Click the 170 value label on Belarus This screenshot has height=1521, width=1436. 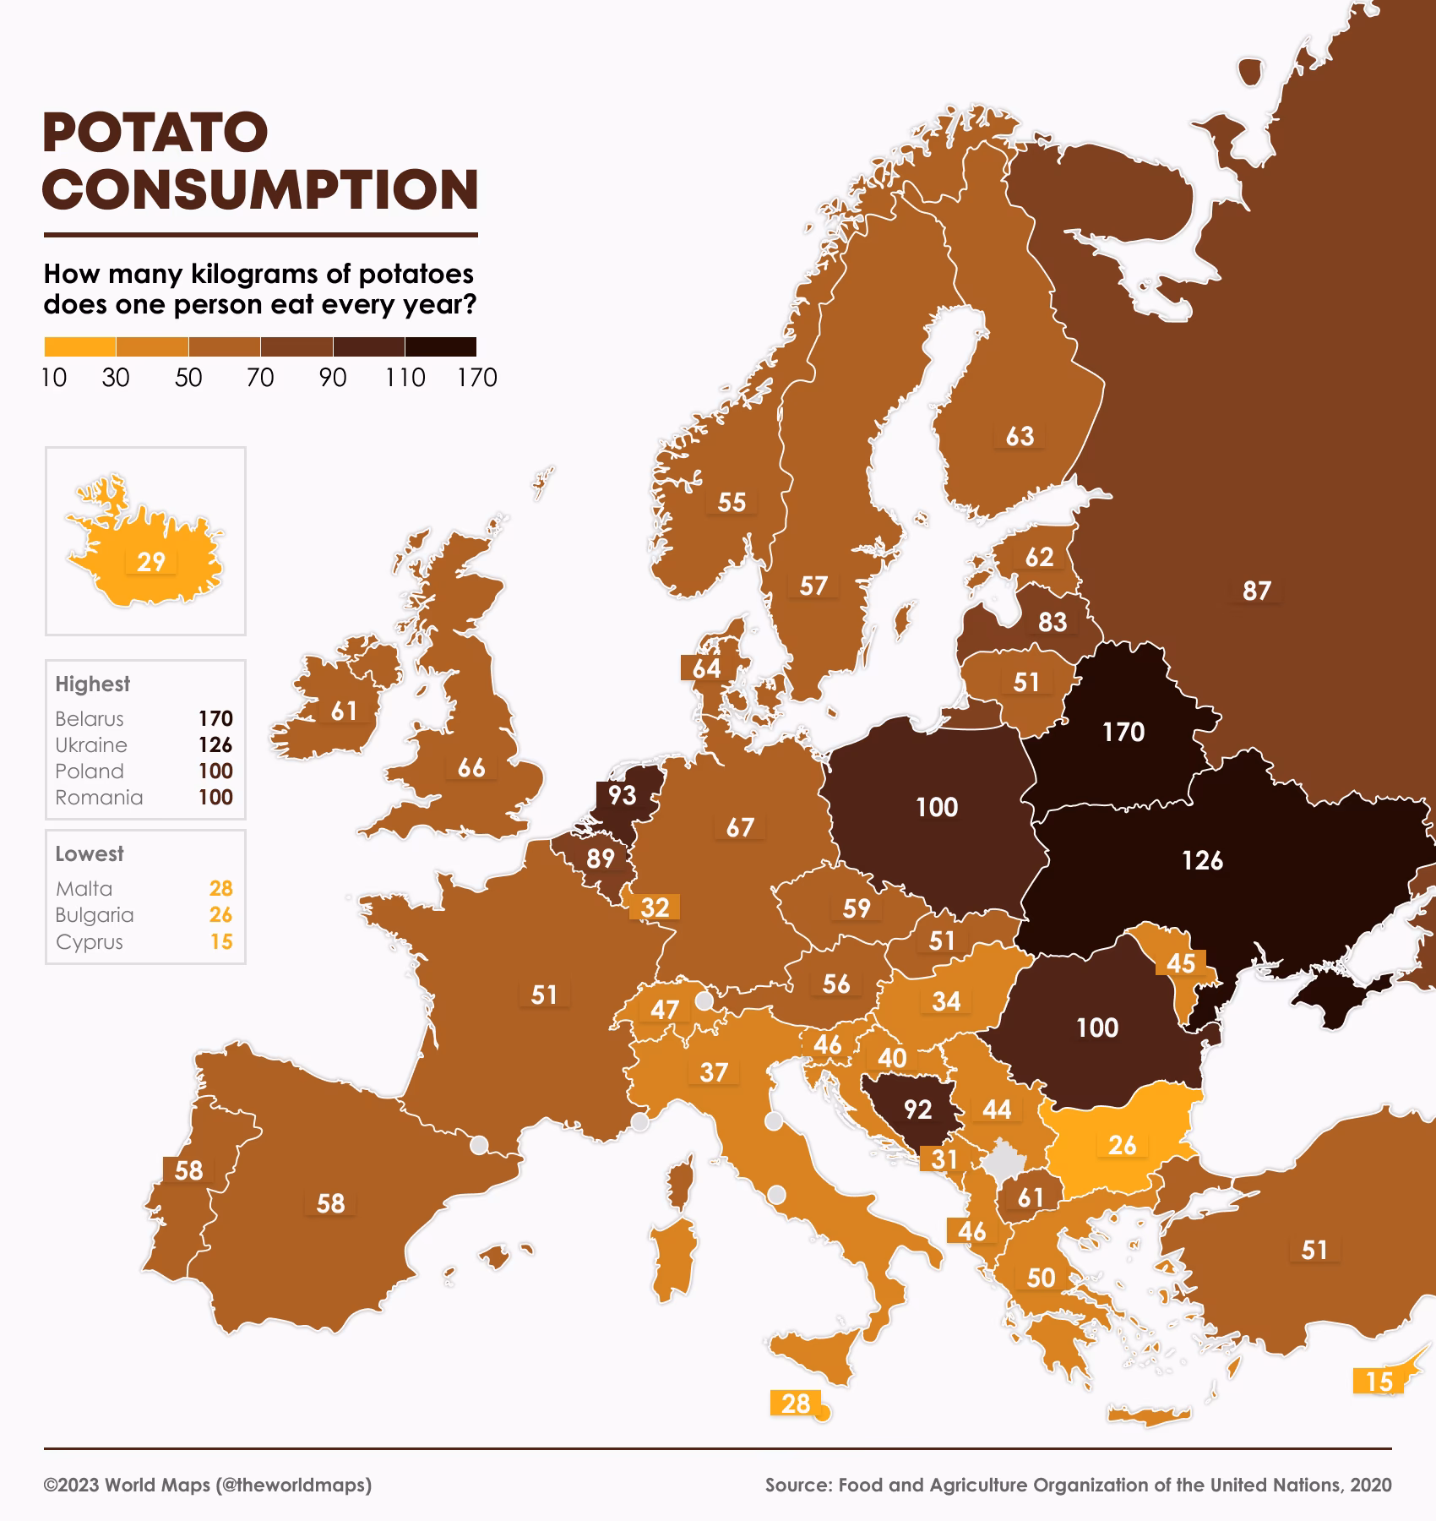(1123, 732)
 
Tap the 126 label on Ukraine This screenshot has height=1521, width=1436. (1201, 860)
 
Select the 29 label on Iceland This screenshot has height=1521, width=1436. (151, 562)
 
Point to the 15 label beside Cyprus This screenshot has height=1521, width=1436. (1378, 1382)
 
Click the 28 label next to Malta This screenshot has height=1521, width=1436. (795, 1404)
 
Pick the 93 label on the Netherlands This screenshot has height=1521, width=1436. (622, 795)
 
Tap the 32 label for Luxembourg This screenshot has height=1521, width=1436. (655, 908)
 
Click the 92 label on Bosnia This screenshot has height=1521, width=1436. (917, 1109)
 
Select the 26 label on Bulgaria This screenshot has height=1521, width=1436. (1122, 1145)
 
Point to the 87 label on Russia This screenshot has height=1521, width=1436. (1256, 591)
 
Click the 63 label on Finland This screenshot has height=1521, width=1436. (1020, 436)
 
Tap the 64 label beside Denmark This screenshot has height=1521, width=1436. (706, 668)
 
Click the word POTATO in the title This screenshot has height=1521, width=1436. (155, 133)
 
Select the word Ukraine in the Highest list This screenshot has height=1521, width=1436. (91, 745)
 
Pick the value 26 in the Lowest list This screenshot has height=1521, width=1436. (220, 915)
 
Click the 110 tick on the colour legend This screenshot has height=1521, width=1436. (405, 378)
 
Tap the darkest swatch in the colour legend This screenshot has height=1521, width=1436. (440, 346)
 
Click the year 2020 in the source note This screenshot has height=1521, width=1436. (1370, 1486)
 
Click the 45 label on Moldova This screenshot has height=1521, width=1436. (1180, 963)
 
